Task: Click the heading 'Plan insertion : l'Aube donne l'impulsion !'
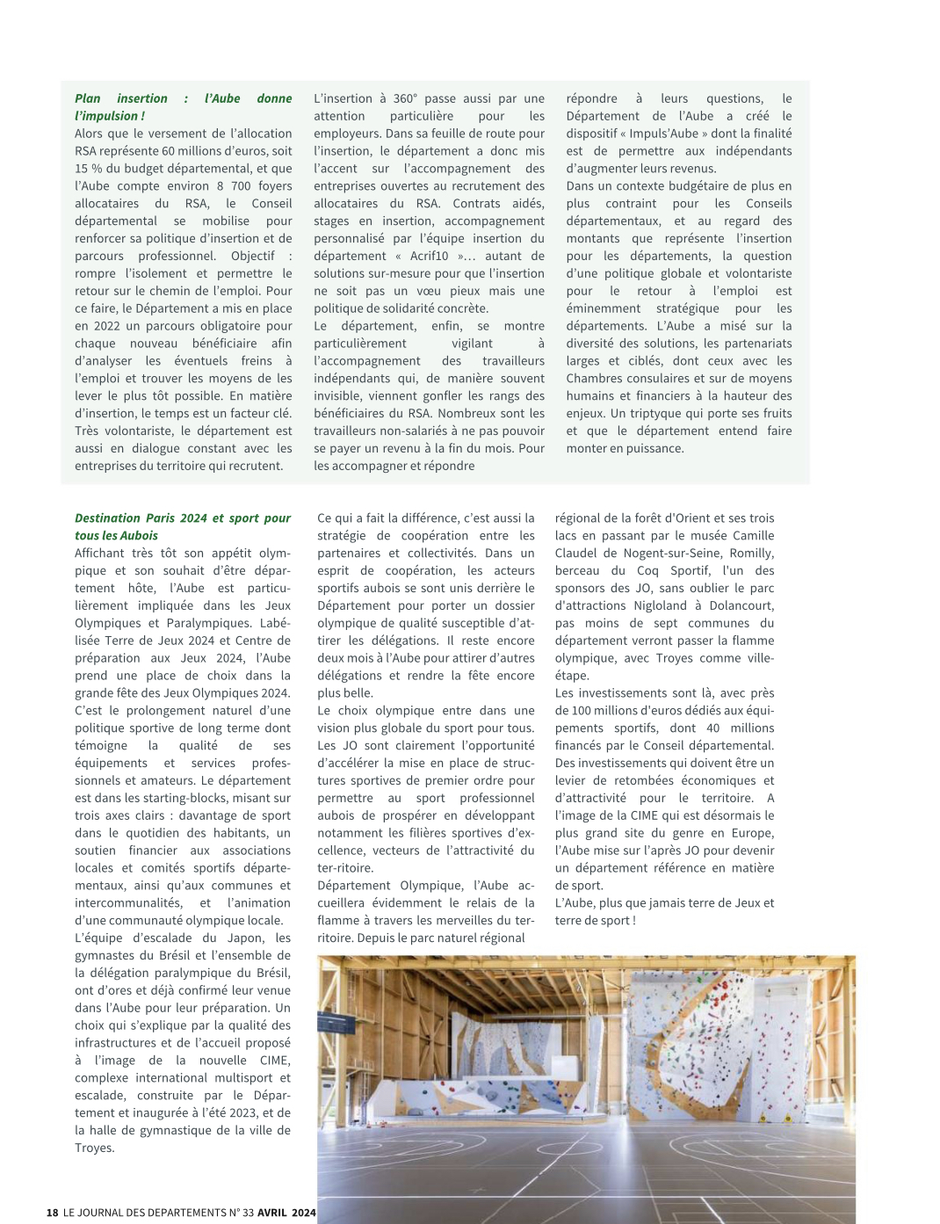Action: pos(183,107)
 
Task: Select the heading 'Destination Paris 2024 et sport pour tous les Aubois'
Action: pos(183,527)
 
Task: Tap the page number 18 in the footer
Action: pos(52,1213)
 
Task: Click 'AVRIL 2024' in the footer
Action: pos(286,1213)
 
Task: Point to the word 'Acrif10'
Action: pos(429,257)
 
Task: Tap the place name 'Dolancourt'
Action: pos(737,606)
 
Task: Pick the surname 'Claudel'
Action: pos(576,554)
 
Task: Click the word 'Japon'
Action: pos(246,938)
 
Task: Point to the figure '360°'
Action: pos(405,99)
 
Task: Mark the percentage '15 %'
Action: pos(88,169)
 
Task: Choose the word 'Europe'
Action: pos(753,834)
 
